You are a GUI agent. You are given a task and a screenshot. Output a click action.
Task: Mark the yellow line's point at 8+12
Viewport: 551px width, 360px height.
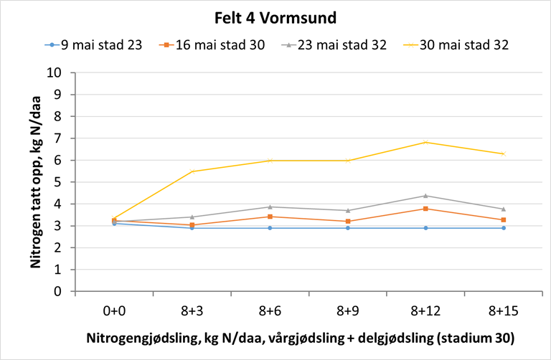425,142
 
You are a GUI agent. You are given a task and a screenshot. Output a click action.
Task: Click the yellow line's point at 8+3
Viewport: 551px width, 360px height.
192,171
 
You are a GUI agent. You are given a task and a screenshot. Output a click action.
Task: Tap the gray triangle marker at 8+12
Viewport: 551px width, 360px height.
425,196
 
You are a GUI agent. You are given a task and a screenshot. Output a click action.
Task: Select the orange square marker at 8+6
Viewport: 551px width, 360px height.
270,217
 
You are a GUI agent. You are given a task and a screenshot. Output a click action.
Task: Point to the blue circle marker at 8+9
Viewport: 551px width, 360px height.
347,228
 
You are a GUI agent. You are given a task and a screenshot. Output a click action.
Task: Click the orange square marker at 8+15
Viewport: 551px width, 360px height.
503,219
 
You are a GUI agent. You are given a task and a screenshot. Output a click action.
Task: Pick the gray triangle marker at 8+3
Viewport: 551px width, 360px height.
192,217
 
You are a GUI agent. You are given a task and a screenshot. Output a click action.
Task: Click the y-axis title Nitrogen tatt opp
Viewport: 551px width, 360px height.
34,183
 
